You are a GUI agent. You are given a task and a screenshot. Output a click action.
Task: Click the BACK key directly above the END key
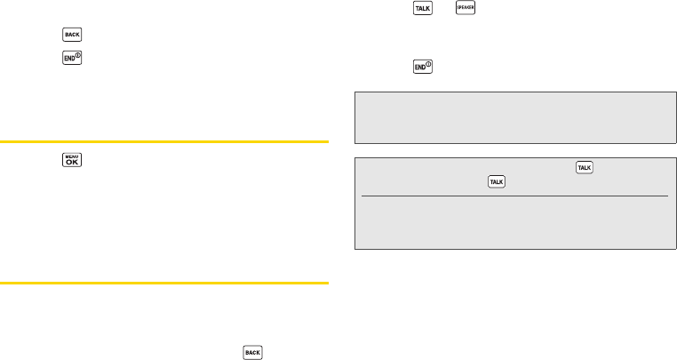pos(71,36)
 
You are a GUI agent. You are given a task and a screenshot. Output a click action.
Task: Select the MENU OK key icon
pos(71,161)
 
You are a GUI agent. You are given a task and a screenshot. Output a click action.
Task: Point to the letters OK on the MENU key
pos(71,164)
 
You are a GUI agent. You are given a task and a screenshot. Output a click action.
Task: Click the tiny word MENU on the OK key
pos(71,156)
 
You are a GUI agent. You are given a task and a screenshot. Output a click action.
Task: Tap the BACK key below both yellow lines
pos(252,353)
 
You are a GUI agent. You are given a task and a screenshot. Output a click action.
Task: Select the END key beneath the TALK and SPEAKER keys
pos(422,68)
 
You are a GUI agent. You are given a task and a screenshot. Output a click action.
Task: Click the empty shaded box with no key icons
pos(514,116)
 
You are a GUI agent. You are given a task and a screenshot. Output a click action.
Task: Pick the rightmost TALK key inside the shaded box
pos(585,168)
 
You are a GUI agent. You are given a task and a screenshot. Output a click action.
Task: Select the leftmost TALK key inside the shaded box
pos(497,181)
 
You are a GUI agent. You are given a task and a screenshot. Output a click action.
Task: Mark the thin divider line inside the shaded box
pos(514,196)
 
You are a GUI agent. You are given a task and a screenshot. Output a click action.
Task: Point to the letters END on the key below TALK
pos(419,69)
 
